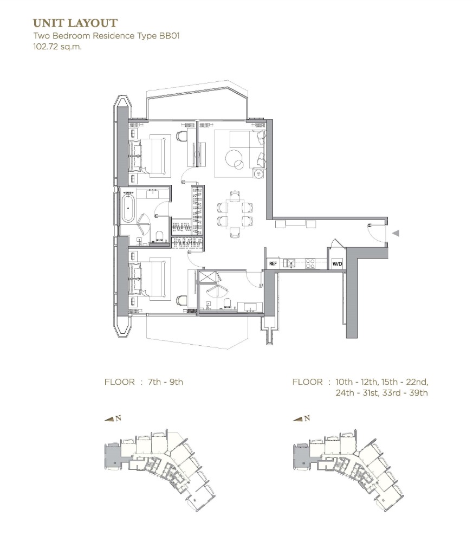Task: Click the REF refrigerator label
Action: click(273, 264)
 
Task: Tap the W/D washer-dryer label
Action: click(337, 264)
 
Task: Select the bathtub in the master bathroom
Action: click(127, 208)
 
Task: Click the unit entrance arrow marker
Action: click(396, 233)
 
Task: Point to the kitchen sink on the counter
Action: click(289, 264)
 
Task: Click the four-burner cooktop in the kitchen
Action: click(310, 264)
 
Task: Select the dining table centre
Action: click(235, 214)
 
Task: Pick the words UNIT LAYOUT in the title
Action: click(75, 23)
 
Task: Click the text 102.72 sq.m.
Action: click(57, 47)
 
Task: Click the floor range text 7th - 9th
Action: click(165, 382)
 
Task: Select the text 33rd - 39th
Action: click(405, 393)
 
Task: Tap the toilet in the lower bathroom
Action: click(227, 303)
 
